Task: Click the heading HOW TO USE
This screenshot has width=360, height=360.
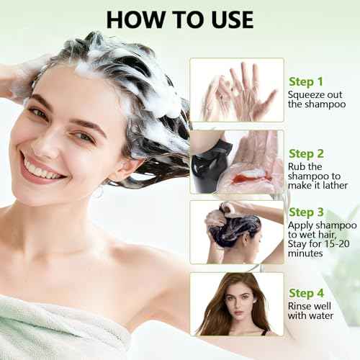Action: pos(179,19)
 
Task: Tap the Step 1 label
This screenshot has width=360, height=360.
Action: pos(307,81)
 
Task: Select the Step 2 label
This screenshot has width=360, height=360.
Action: pos(307,153)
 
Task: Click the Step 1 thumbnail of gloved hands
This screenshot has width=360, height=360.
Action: pos(237,89)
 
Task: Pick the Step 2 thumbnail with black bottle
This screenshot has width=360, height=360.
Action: pos(237,161)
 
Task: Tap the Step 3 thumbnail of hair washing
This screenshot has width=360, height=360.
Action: pos(237,231)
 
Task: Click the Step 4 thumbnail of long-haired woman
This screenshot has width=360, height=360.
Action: pos(237,303)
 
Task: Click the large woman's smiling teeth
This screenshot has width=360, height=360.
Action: pos(41,171)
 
